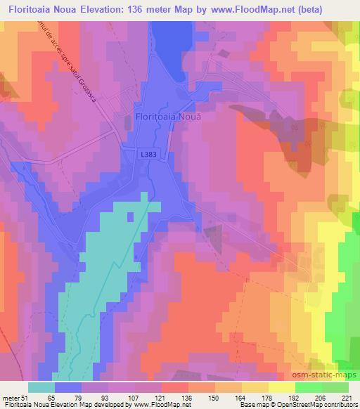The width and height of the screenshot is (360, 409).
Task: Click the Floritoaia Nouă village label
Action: tap(167, 118)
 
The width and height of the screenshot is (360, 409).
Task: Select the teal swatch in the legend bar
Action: tap(41, 387)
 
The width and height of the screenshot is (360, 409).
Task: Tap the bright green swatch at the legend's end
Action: tap(335, 387)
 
